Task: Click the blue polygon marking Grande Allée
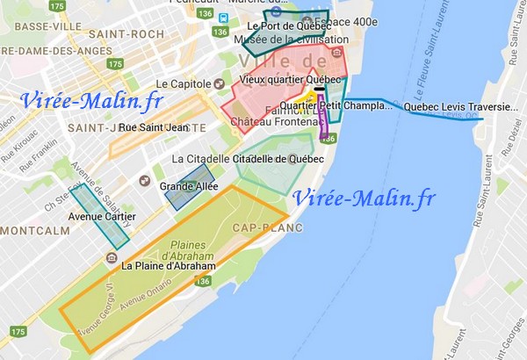[190, 185]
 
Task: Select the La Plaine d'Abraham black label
[168, 265]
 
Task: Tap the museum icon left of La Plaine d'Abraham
[112, 258]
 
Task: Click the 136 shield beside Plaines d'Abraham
[204, 281]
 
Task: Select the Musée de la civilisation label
[285, 40]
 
